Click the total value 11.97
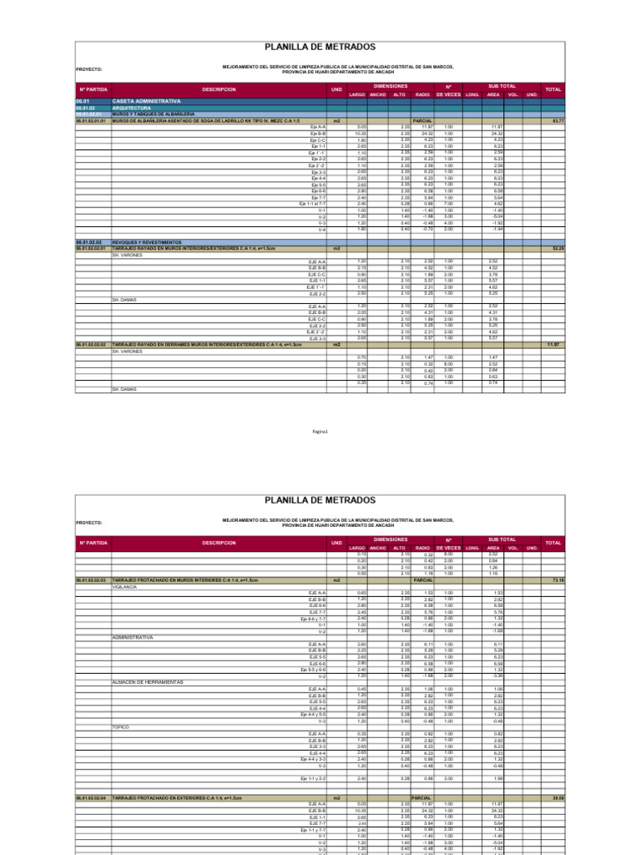553,344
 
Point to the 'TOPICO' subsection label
120,726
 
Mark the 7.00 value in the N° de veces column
448,203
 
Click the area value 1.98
496,778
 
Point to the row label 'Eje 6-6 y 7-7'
312,618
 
